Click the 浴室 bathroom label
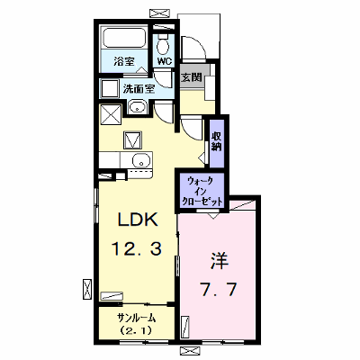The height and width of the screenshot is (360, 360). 123,62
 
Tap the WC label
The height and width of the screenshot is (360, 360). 165,61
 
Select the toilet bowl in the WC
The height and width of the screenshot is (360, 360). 163,45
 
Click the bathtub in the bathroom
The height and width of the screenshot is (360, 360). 124,38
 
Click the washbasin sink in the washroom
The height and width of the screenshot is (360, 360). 138,107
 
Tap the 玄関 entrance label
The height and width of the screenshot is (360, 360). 191,77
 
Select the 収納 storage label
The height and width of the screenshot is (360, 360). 216,141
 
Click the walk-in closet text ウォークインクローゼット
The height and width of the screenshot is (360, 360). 201,191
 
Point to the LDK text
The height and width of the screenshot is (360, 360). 138,220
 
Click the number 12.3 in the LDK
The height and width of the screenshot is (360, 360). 137,248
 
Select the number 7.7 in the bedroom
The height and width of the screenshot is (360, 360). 219,289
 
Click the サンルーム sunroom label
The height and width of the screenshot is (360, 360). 137,318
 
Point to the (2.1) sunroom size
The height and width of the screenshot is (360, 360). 137,330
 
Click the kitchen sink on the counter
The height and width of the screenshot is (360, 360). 140,160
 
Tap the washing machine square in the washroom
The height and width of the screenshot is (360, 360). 110,88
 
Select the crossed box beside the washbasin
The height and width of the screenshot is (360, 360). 111,114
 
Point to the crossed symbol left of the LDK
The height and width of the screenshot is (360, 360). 87,289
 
